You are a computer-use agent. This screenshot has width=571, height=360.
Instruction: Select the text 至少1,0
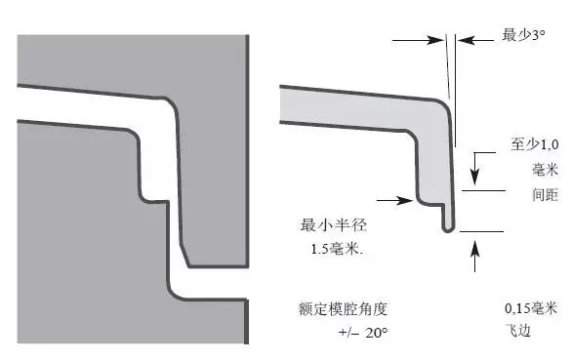(x=534, y=143)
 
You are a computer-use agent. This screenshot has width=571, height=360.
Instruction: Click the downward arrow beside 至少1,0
(x=476, y=170)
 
